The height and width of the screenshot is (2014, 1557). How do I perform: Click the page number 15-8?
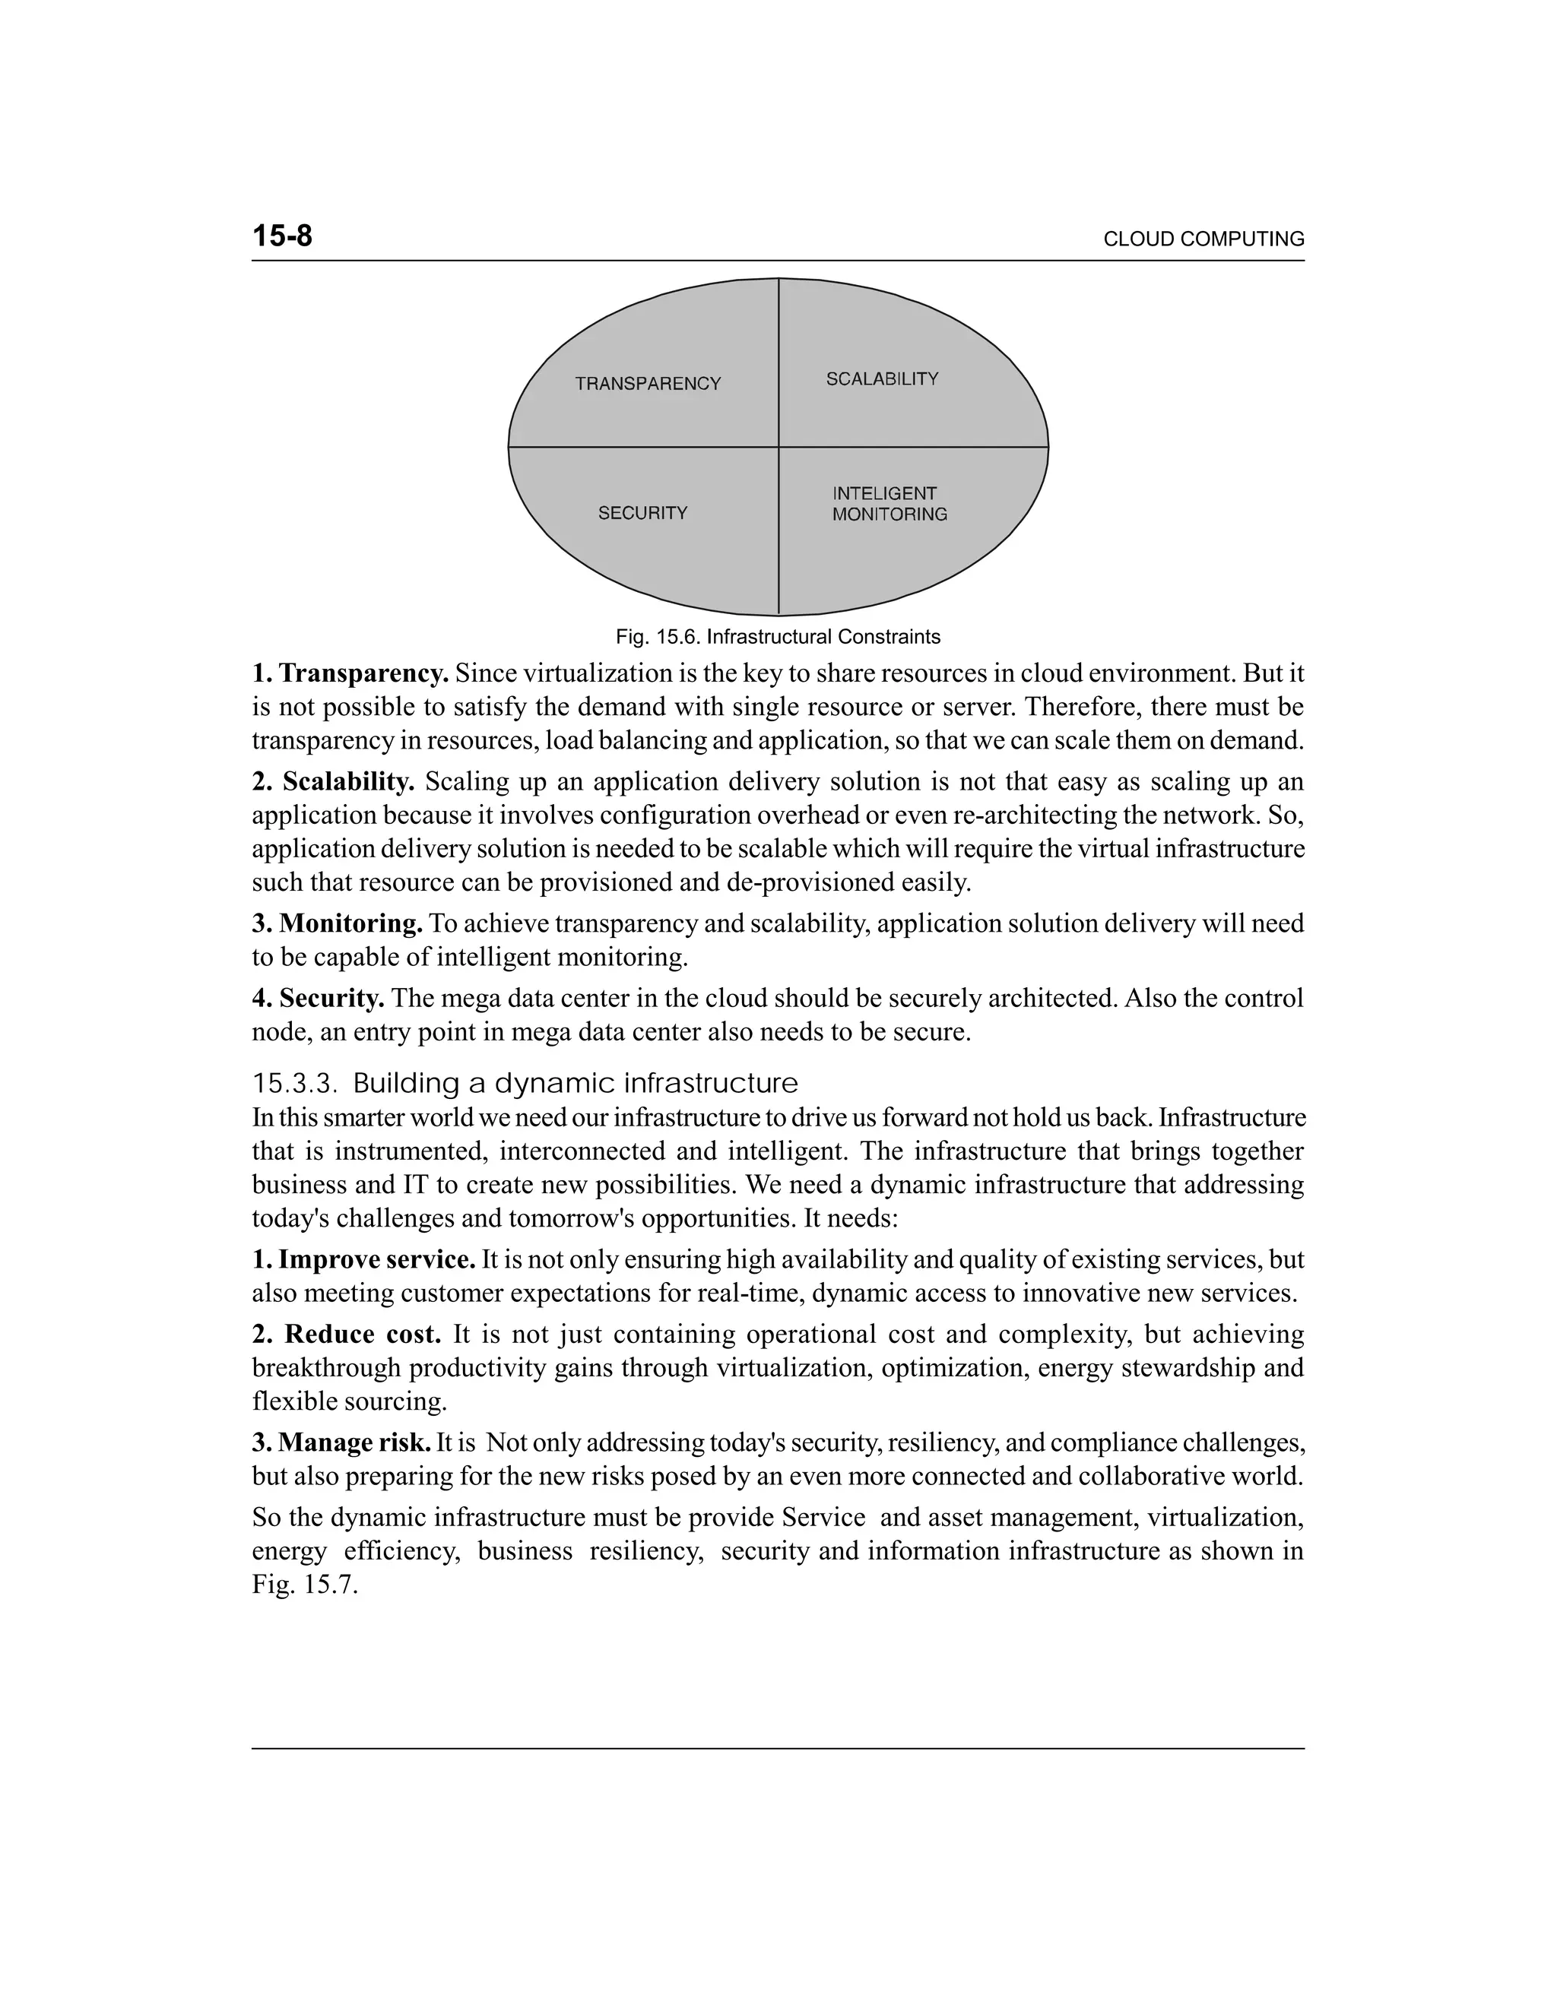282,236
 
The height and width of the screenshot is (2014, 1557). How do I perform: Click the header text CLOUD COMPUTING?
1203,239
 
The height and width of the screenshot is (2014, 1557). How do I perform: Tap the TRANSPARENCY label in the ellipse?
648,384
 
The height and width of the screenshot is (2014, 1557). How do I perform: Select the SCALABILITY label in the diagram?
882,379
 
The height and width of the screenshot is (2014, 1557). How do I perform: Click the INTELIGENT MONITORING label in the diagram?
889,505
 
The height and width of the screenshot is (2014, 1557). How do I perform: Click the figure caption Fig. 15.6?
778,637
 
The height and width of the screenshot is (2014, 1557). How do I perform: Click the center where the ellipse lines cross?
778,447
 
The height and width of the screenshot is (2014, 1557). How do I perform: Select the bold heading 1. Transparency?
350,674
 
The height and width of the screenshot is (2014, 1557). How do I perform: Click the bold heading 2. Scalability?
334,782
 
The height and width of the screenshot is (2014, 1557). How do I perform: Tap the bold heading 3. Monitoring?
338,923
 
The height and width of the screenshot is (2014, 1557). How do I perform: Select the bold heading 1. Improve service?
364,1259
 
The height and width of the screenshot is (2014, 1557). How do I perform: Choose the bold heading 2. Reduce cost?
347,1335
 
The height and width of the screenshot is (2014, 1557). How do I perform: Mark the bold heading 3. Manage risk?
342,1442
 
